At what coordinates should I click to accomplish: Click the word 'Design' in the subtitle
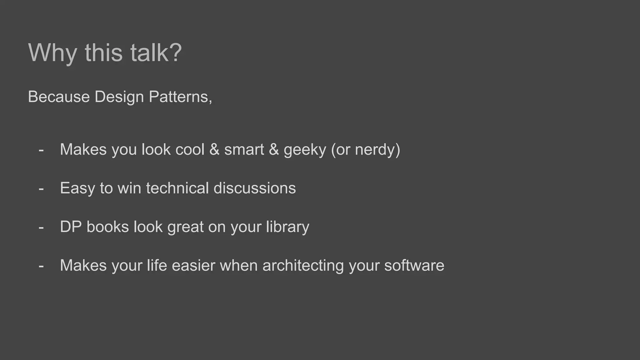[119, 97]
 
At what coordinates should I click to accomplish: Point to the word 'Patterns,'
[181, 97]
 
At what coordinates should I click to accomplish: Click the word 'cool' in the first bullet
[190, 149]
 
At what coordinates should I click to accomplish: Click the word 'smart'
[244, 149]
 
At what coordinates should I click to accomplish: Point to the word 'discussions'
[254, 188]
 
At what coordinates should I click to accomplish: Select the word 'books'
[107, 227]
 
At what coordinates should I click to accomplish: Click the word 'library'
[287, 227]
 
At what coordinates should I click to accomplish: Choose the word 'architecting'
[303, 266]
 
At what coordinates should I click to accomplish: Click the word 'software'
[414, 266]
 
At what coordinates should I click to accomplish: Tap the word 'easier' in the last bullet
[193, 266]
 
